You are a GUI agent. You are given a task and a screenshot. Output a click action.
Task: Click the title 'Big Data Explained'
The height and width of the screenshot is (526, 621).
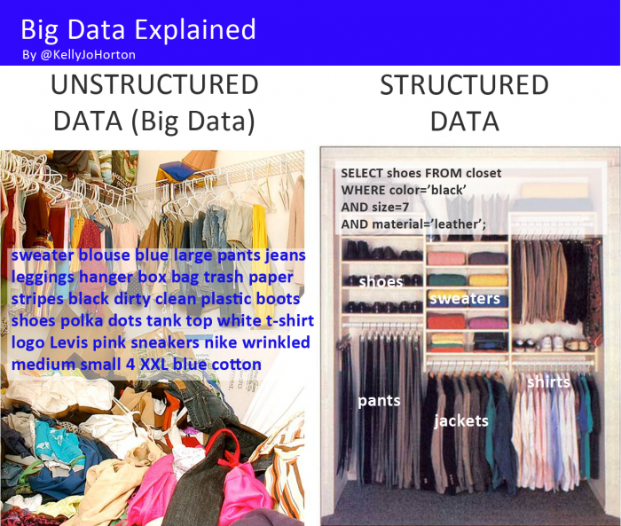click(x=138, y=29)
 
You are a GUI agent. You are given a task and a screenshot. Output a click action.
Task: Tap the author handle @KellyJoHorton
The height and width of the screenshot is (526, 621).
click(x=79, y=55)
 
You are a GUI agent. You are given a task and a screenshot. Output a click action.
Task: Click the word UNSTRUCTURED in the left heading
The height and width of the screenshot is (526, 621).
click(x=154, y=85)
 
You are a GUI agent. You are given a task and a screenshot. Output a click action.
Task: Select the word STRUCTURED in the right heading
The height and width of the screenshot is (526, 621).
click(x=464, y=85)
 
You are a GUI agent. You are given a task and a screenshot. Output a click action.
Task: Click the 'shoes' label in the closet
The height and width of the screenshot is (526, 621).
click(x=381, y=281)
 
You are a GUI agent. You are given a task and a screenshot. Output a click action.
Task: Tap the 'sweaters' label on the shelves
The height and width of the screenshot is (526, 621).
click(x=465, y=298)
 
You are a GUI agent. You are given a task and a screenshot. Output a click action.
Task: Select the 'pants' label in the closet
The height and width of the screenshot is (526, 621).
click(x=379, y=400)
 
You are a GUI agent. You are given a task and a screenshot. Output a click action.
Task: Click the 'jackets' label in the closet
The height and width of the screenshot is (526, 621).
click(x=461, y=420)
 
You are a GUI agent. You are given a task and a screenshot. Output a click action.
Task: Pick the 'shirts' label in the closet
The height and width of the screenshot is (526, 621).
click(x=548, y=381)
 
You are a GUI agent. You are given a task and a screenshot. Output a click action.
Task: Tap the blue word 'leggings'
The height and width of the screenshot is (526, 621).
click(x=43, y=277)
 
